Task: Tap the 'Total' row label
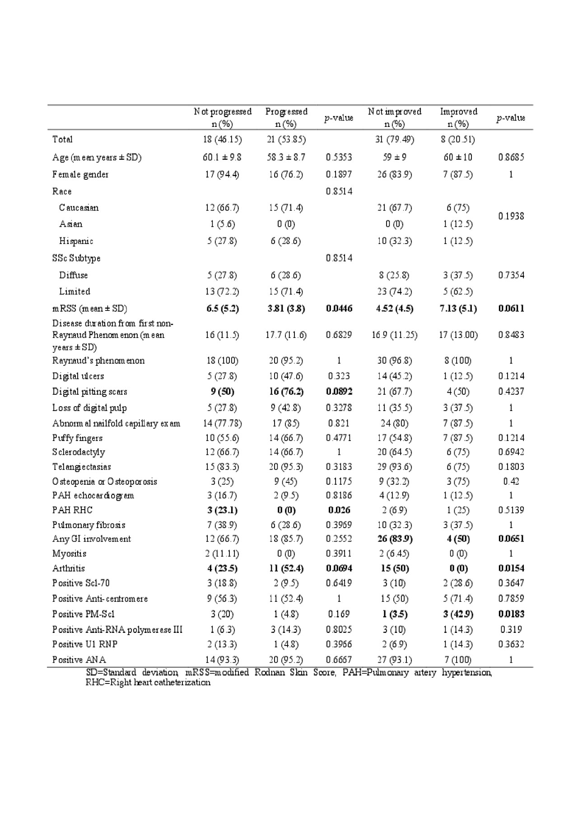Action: tap(62, 139)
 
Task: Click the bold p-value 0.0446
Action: tap(339, 309)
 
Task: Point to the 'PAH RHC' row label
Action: tap(72, 510)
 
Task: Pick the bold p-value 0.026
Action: tap(339, 510)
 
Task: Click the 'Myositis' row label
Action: tap(69, 553)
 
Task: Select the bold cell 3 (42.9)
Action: tap(458, 614)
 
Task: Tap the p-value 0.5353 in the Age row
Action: tap(339, 157)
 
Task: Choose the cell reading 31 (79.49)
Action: tap(395, 139)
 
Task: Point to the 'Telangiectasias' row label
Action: tap(81, 467)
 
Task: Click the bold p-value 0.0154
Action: tap(511, 568)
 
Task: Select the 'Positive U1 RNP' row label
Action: tap(85, 644)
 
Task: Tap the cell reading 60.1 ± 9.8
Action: tap(222, 157)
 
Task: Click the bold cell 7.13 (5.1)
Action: tap(458, 309)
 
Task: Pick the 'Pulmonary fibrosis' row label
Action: tap(89, 525)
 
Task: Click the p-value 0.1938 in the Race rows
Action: tap(511, 216)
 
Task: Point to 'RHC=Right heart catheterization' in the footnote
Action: tap(148, 682)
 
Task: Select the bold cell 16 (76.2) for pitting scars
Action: tap(286, 392)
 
